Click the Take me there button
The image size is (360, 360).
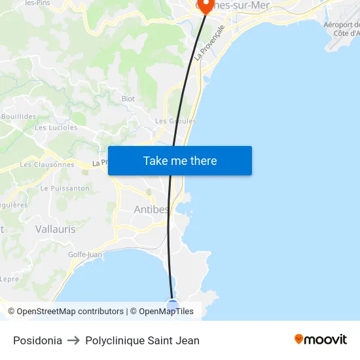click(180, 161)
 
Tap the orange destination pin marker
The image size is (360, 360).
click(206, 6)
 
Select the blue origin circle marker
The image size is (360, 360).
click(173, 306)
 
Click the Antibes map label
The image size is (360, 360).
click(151, 209)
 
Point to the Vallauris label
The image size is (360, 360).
click(55, 229)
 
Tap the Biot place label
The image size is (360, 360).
click(128, 99)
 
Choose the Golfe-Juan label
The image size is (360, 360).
click(85, 255)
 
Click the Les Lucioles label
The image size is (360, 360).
click(56, 128)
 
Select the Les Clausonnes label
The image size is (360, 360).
click(47, 164)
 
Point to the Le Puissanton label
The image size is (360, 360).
click(65, 189)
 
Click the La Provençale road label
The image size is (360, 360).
click(213, 43)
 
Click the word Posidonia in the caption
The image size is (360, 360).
click(37, 340)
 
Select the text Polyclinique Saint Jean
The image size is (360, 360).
click(142, 340)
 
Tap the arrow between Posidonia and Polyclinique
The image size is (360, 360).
click(73, 340)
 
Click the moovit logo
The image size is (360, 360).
click(320, 339)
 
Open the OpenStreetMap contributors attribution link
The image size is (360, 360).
click(70, 312)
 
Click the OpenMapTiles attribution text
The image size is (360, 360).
click(166, 312)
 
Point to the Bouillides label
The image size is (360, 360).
click(18, 117)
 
